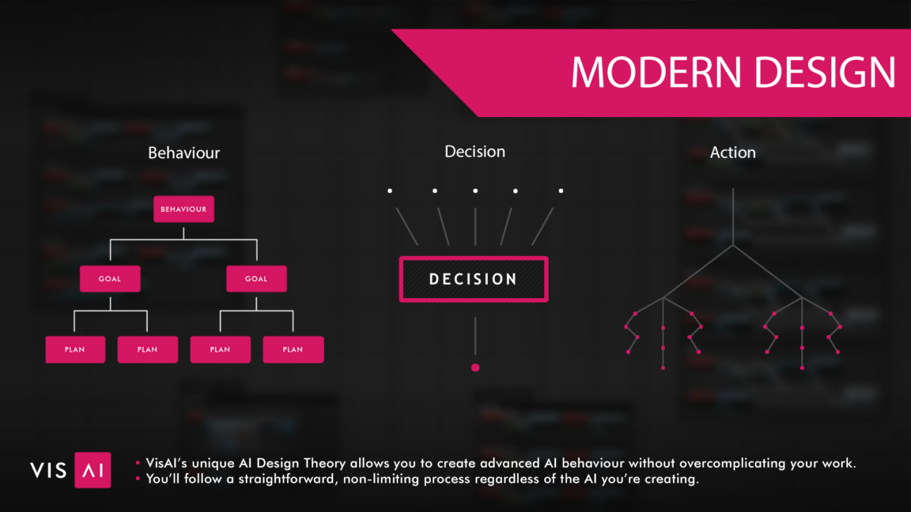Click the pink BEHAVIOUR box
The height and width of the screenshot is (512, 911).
point(183,209)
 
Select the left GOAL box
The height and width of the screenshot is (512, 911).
point(110,279)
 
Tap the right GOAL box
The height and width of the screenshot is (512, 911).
point(256,279)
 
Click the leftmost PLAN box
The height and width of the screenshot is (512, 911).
point(76,349)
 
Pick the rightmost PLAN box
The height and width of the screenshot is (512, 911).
point(293,349)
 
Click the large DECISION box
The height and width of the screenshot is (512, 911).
point(474,279)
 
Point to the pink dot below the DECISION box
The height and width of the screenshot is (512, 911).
point(475,367)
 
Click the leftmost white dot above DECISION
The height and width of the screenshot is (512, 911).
point(390,191)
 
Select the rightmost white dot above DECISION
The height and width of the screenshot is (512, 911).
point(561,191)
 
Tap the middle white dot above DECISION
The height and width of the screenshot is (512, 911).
point(475,191)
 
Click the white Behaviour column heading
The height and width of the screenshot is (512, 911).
point(183,152)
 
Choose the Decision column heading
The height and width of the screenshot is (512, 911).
point(474,152)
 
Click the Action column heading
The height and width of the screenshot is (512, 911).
point(732,152)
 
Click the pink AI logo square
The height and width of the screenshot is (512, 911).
point(93,469)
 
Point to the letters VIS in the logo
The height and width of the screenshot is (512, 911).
point(48,470)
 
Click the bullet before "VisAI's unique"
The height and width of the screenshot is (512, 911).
point(138,463)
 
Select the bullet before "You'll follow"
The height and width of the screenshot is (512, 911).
point(138,478)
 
